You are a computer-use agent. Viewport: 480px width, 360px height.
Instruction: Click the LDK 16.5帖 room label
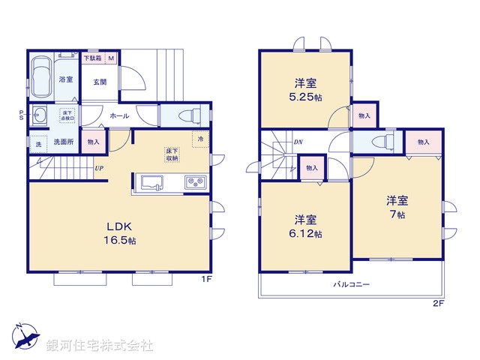click(x=120, y=232)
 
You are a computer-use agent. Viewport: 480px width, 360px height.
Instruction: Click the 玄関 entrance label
click(x=100, y=82)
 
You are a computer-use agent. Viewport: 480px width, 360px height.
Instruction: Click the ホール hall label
click(x=118, y=116)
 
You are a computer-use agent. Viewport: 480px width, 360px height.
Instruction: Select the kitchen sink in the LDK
click(x=151, y=183)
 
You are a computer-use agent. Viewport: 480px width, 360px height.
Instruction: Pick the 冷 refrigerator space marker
click(x=200, y=139)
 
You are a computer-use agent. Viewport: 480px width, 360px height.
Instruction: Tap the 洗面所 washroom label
click(x=61, y=142)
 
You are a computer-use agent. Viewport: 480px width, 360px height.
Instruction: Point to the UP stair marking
click(x=99, y=168)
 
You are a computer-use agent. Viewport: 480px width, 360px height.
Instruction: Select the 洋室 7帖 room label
click(x=397, y=207)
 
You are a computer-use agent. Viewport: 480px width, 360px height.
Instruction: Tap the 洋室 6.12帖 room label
click(x=305, y=226)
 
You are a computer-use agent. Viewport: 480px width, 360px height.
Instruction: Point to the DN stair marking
click(x=298, y=142)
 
